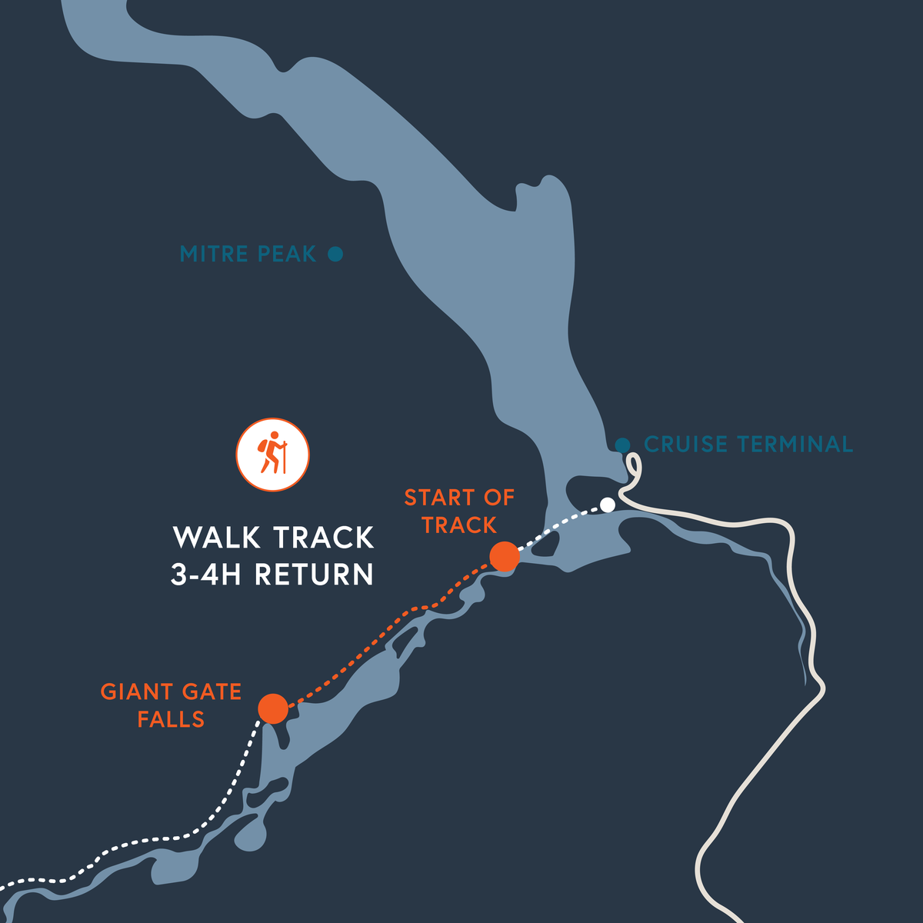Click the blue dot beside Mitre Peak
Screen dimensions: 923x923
pos(335,254)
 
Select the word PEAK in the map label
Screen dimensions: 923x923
pos(286,254)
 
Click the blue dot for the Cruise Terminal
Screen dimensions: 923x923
pos(623,445)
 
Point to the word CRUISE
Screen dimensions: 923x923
pos(685,445)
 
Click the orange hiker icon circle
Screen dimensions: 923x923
pos(272,455)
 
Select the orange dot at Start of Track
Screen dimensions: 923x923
pos(505,556)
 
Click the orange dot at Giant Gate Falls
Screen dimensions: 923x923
pos(273,708)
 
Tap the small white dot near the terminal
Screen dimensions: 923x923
pos(608,505)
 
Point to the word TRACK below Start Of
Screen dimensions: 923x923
pos(459,525)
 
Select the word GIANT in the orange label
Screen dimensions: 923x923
pos(137,692)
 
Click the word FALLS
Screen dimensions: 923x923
pos(171,720)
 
